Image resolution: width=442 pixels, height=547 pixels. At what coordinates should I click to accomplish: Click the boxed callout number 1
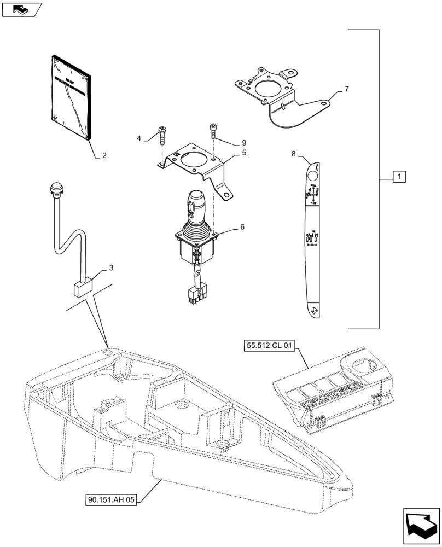(x=399, y=177)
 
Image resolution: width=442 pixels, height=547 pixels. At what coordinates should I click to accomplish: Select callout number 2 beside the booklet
(x=103, y=155)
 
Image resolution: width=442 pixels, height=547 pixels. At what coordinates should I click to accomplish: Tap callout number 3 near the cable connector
(x=111, y=267)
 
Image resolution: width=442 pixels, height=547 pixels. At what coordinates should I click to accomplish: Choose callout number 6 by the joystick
(x=241, y=226)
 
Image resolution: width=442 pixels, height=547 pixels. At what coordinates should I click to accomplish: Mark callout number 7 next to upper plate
(x=346, y=89)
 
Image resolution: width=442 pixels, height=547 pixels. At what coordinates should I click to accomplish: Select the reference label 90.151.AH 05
(x=110, y=499)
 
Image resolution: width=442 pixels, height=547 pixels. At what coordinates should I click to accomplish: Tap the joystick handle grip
(x=196, y=208)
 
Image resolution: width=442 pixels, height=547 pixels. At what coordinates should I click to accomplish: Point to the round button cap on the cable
(x=56, y=189)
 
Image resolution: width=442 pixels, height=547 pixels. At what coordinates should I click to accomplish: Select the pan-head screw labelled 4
(x=162, y=133)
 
